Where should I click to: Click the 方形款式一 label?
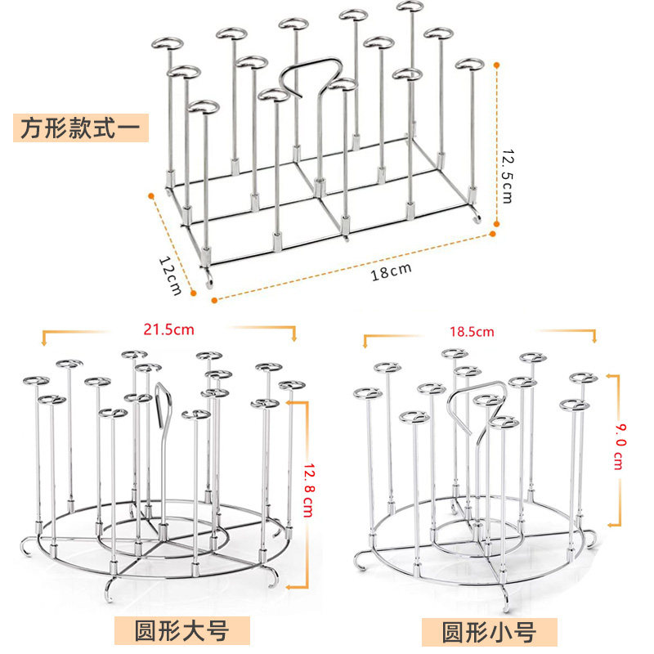(80, 128)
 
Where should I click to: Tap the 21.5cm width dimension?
(169, 330)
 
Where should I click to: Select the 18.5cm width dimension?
(472, 332)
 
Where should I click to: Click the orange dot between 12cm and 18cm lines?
(213, 300)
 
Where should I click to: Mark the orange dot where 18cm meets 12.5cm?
(494, 232)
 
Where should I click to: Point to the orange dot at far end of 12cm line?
(150, 195)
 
